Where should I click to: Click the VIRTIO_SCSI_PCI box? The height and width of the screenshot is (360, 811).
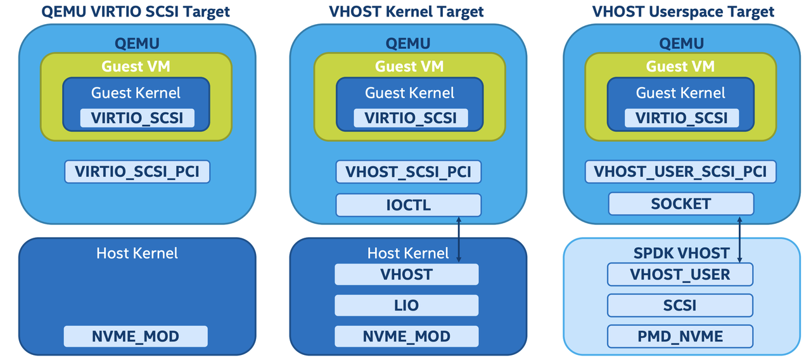(x=137, y=172)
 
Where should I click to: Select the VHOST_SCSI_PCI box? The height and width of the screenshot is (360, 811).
(x=408, y=172)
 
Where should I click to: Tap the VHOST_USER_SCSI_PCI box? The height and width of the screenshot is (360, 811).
(x=680, y=172)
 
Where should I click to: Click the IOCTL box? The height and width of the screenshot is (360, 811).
(x=408, y=205)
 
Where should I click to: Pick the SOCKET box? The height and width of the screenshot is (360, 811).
(x=680, y=204)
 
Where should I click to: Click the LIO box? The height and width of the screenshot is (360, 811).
(x=406, y=305)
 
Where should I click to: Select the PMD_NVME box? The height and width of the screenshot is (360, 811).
(x=680, y=336)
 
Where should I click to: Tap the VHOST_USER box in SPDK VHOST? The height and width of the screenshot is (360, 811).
(x=680, y=274)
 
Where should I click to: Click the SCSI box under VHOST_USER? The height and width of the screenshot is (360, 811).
(x=680, y=305)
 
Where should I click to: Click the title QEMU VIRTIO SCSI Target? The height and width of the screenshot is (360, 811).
(x=136, y=11)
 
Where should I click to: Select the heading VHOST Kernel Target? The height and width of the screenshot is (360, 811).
(x=406, y=11)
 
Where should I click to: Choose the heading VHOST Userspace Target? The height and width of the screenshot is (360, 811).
(x=683, y=11)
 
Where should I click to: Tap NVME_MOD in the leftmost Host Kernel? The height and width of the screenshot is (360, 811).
(x=136, y=336)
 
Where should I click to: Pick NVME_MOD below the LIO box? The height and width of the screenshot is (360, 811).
(x=406, y=336)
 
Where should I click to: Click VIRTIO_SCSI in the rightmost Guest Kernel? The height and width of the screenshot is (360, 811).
(x=681, y=118)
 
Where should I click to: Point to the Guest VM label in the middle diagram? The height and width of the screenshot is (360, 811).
(x=409, y=67)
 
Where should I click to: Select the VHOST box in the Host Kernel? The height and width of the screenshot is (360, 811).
(x=406, y=274)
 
